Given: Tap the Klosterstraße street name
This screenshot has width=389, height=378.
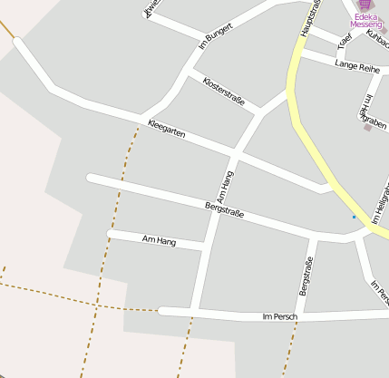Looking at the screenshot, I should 224,92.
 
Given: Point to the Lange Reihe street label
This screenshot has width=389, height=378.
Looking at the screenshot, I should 357,66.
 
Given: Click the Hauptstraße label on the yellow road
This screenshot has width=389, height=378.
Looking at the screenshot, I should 311,18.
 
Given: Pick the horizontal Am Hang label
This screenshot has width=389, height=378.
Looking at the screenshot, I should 159,240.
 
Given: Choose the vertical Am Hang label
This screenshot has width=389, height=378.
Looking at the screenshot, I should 226,186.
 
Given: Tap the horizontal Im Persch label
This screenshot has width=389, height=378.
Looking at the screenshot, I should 279,316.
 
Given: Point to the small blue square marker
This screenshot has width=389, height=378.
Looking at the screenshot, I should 354,217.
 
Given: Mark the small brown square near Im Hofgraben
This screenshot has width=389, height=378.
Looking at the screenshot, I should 367,128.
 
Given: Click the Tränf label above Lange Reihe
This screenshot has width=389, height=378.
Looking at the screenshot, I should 344,42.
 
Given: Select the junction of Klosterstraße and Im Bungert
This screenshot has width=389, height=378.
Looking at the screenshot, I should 189,70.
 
